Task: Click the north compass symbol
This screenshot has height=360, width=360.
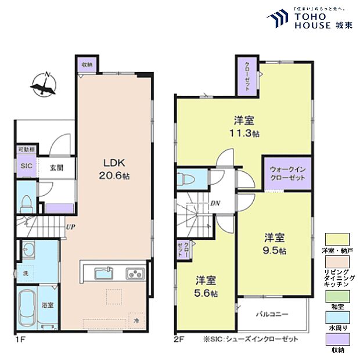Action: pyautogui.click(x=44, y=85)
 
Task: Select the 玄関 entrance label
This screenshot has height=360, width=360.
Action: pyautogui.click(x=56, y=168)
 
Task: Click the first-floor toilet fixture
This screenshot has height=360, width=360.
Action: pyautogui.click(x=26, y=203)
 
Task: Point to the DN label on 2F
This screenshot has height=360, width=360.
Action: pyautogui.click(x=214, y=203)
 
